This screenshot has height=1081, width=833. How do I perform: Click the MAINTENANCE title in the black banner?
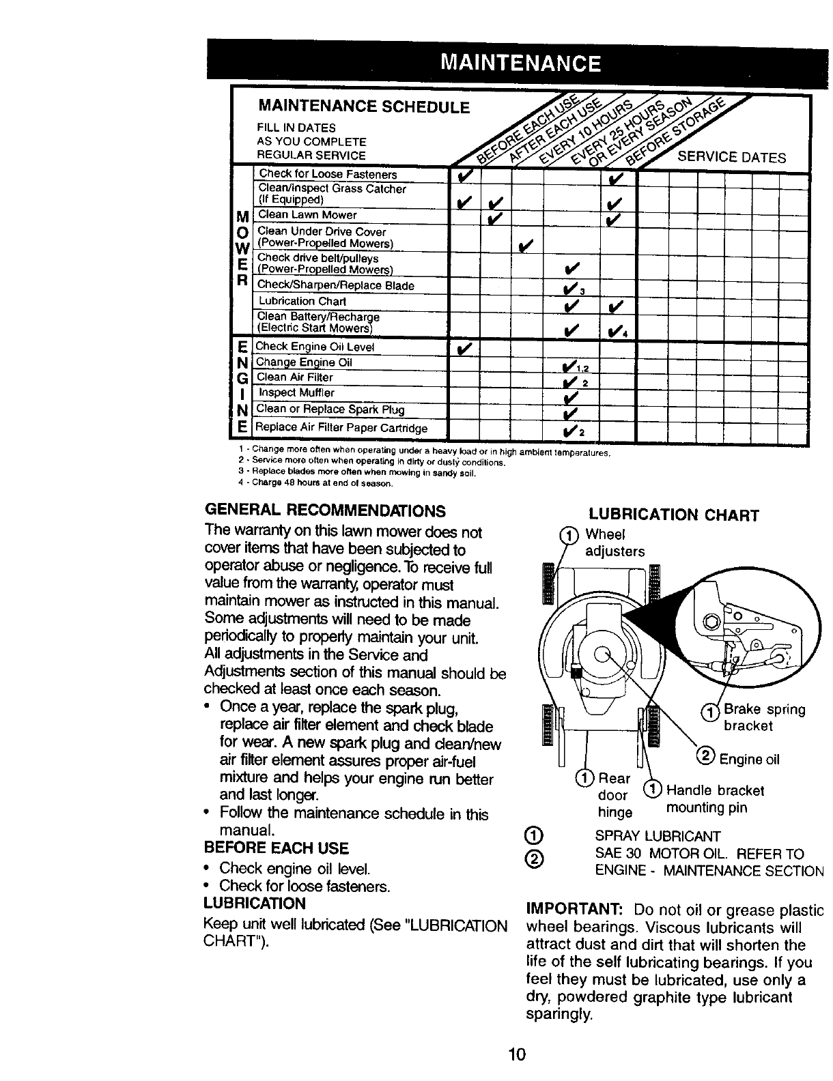(520, 63)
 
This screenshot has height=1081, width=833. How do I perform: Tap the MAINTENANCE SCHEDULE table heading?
(363, 108)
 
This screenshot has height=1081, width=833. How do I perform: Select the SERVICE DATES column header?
(731, 158)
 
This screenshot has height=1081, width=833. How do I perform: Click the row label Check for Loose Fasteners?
(328, 175)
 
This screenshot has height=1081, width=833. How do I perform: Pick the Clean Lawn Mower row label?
(307, 215)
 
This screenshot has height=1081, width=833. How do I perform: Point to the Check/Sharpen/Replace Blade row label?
(336, 285)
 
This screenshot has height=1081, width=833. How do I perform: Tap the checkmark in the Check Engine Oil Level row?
(464, 348)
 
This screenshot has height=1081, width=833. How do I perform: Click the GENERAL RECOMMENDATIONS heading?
(324, 511)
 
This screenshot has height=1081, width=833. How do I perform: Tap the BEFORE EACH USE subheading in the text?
(276, 848)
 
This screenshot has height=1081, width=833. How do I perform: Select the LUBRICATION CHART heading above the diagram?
(673, 515)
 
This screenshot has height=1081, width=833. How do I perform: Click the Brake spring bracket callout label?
(763, 717)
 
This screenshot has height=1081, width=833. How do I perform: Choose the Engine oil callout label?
(748, 760)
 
